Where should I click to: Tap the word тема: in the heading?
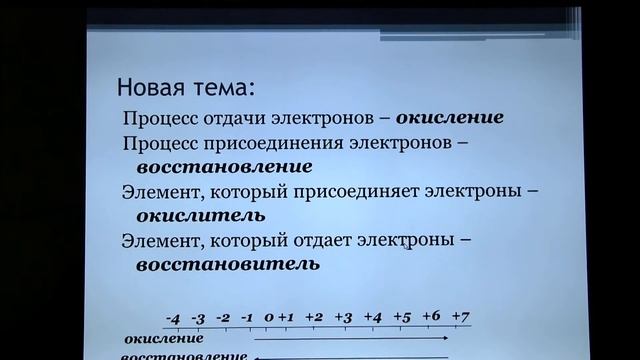[227, 84]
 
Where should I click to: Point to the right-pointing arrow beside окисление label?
[350, 340]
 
